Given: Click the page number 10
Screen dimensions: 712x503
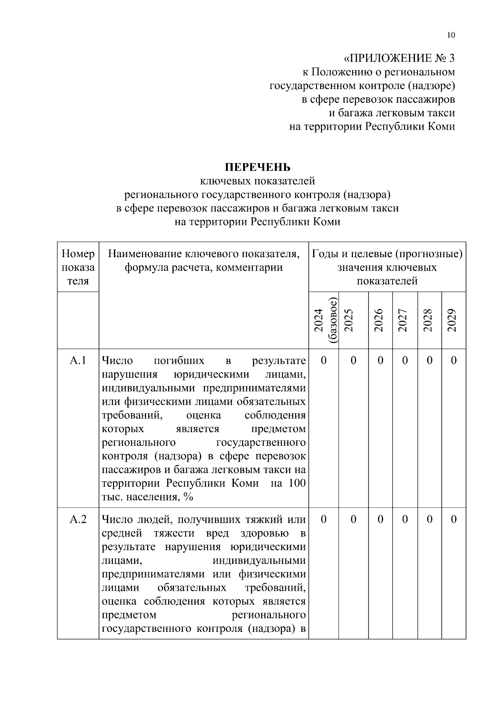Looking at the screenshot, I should (x=451, y=35).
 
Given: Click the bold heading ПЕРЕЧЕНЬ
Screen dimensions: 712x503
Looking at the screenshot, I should (x=257, y=167).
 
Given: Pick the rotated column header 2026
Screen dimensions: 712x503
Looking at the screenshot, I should (x=379, y=321).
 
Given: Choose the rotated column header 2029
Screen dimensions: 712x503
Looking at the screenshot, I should (x=452, y=321).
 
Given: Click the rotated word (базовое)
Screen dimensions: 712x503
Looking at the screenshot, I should (x=333, y=321).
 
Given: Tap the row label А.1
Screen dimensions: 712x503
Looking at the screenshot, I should (x=78, y=360).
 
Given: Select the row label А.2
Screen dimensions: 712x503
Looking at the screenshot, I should (x=78, y=519).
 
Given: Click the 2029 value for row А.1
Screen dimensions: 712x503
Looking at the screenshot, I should (x=454, y=360).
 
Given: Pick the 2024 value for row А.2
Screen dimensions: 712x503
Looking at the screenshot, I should (x=324, y=519).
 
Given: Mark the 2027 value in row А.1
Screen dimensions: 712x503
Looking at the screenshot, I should (x=404, y=360).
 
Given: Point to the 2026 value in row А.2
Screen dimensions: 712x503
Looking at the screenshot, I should (x=380, y=519).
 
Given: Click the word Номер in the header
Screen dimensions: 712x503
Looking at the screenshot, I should (x=78, y=254).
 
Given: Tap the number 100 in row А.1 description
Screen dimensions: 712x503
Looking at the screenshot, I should (x=297, y=483).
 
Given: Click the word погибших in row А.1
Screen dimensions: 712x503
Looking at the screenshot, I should (x=179, y=360).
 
